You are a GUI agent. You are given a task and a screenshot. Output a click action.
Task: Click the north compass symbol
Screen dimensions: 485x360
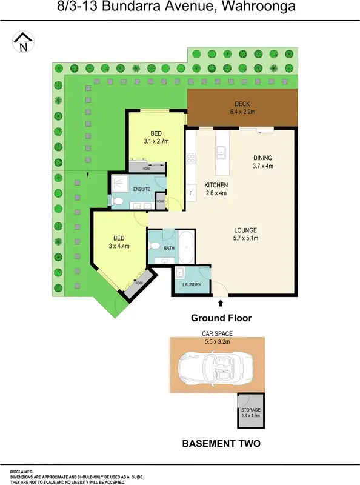[23, 42]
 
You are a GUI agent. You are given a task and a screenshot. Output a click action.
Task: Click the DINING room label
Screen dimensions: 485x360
[263, 158]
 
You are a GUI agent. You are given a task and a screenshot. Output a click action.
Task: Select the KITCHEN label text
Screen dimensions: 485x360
[216, 185]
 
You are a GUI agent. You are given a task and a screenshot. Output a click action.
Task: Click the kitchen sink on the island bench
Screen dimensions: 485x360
[222, 153]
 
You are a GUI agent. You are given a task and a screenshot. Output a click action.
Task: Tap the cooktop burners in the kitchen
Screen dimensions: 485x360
[191, 160]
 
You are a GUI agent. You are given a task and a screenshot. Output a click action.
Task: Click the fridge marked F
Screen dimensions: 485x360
[191, 193]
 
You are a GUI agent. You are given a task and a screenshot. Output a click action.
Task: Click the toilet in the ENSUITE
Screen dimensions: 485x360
[119, 201]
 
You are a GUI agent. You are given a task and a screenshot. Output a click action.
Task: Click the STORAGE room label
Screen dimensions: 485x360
[250, 410]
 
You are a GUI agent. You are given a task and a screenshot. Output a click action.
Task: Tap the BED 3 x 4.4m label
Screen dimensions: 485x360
[118, 242]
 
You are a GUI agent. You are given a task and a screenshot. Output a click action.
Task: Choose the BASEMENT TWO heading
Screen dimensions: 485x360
[221, 444]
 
